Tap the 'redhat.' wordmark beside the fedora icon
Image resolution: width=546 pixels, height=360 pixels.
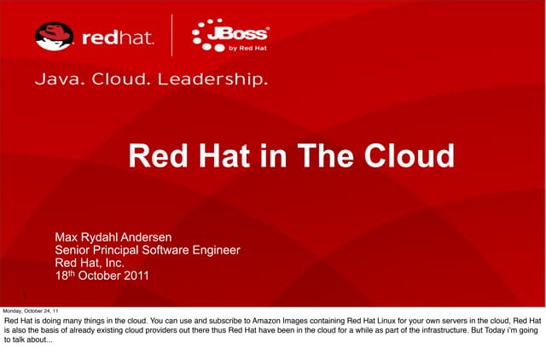click(119, 38)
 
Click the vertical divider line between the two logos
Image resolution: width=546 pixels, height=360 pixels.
click(174, 38)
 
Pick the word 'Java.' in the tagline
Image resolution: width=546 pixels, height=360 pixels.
click(55, 81)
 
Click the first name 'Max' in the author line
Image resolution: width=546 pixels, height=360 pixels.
click(67, 236)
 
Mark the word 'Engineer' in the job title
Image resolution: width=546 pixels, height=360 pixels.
click(212, 250)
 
